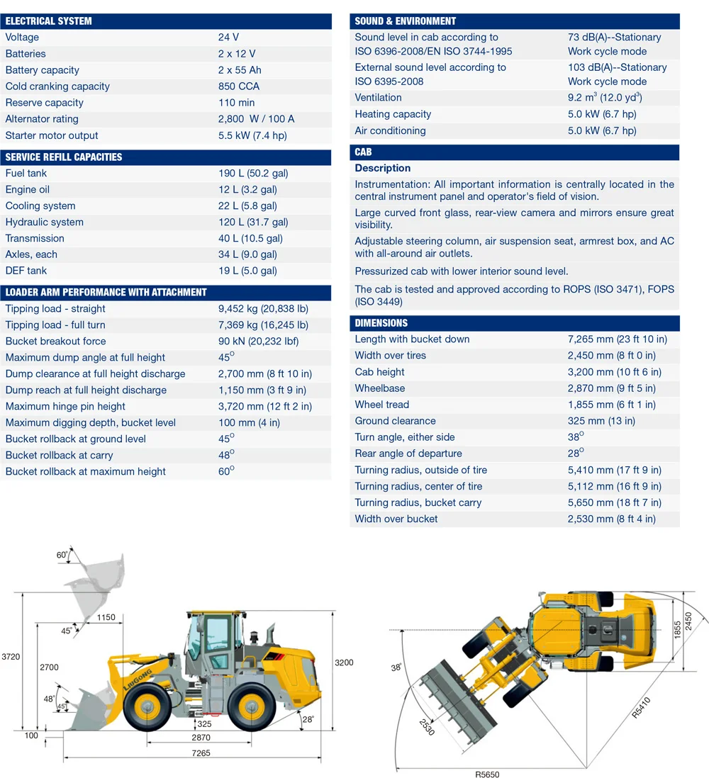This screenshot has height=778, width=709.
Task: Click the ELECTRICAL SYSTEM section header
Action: tap(49, 21)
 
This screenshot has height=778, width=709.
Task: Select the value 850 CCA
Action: tap(239, 86)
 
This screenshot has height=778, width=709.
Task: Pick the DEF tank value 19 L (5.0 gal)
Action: tap(247, 271)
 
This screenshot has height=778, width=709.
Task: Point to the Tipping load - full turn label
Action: tap(55, 325)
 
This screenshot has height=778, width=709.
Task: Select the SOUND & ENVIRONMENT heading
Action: tap(405, 21)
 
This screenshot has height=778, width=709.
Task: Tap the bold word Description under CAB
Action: tap(382, 169)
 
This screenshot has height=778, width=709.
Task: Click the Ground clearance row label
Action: tap(395, 421)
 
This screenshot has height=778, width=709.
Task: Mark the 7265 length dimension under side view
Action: tap(201, 753)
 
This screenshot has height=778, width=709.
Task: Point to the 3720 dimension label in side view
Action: tap(11, 657)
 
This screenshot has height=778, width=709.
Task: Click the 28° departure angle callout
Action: tap(308, 719)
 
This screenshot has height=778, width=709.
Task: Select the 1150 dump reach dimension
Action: tap(106, 617)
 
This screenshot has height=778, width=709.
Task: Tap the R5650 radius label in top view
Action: tap(487, 774)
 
